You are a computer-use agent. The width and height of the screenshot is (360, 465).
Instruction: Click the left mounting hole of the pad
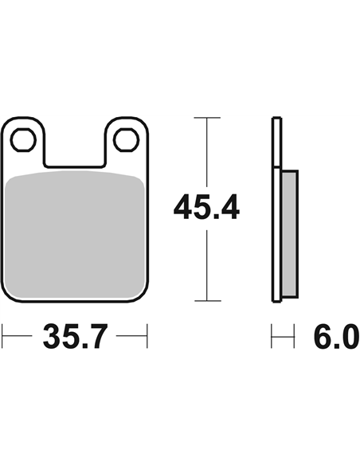pos(23,139)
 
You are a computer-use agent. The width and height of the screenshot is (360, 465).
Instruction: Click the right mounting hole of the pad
pos(127,139)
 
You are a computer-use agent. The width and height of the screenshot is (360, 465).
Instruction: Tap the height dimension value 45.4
pos(206,207)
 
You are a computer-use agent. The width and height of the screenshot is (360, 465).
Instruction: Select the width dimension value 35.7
pos(74,336)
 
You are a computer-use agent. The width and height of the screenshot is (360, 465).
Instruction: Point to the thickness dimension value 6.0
pos(336,336)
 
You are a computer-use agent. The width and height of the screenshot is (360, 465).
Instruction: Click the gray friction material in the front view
pos(76,234)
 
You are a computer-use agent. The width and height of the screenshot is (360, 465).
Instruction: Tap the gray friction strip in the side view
pos(289,234)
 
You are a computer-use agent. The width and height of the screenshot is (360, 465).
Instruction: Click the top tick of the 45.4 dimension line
pos(207,118)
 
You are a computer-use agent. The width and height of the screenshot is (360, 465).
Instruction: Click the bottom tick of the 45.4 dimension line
pos(207,301)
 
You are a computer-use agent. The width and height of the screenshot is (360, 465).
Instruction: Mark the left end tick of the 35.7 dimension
pos(2,336)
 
